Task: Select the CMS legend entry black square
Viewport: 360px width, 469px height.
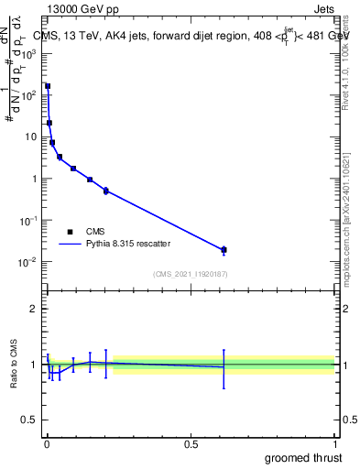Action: pos(70,232)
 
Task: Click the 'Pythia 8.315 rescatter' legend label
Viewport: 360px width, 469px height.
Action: pos(127,244)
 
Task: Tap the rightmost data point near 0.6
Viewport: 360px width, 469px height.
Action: pos(224,249)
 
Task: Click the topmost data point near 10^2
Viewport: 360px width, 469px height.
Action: pos(48,86)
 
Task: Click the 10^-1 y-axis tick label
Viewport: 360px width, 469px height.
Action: pos(32,221)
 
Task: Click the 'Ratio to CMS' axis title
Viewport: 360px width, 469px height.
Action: pos(15,364)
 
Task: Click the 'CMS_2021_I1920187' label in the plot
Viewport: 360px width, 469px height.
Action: pos(191,273)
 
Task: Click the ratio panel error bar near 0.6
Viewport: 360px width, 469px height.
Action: pos(224,367)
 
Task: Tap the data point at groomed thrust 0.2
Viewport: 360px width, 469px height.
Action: pos(106,191)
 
